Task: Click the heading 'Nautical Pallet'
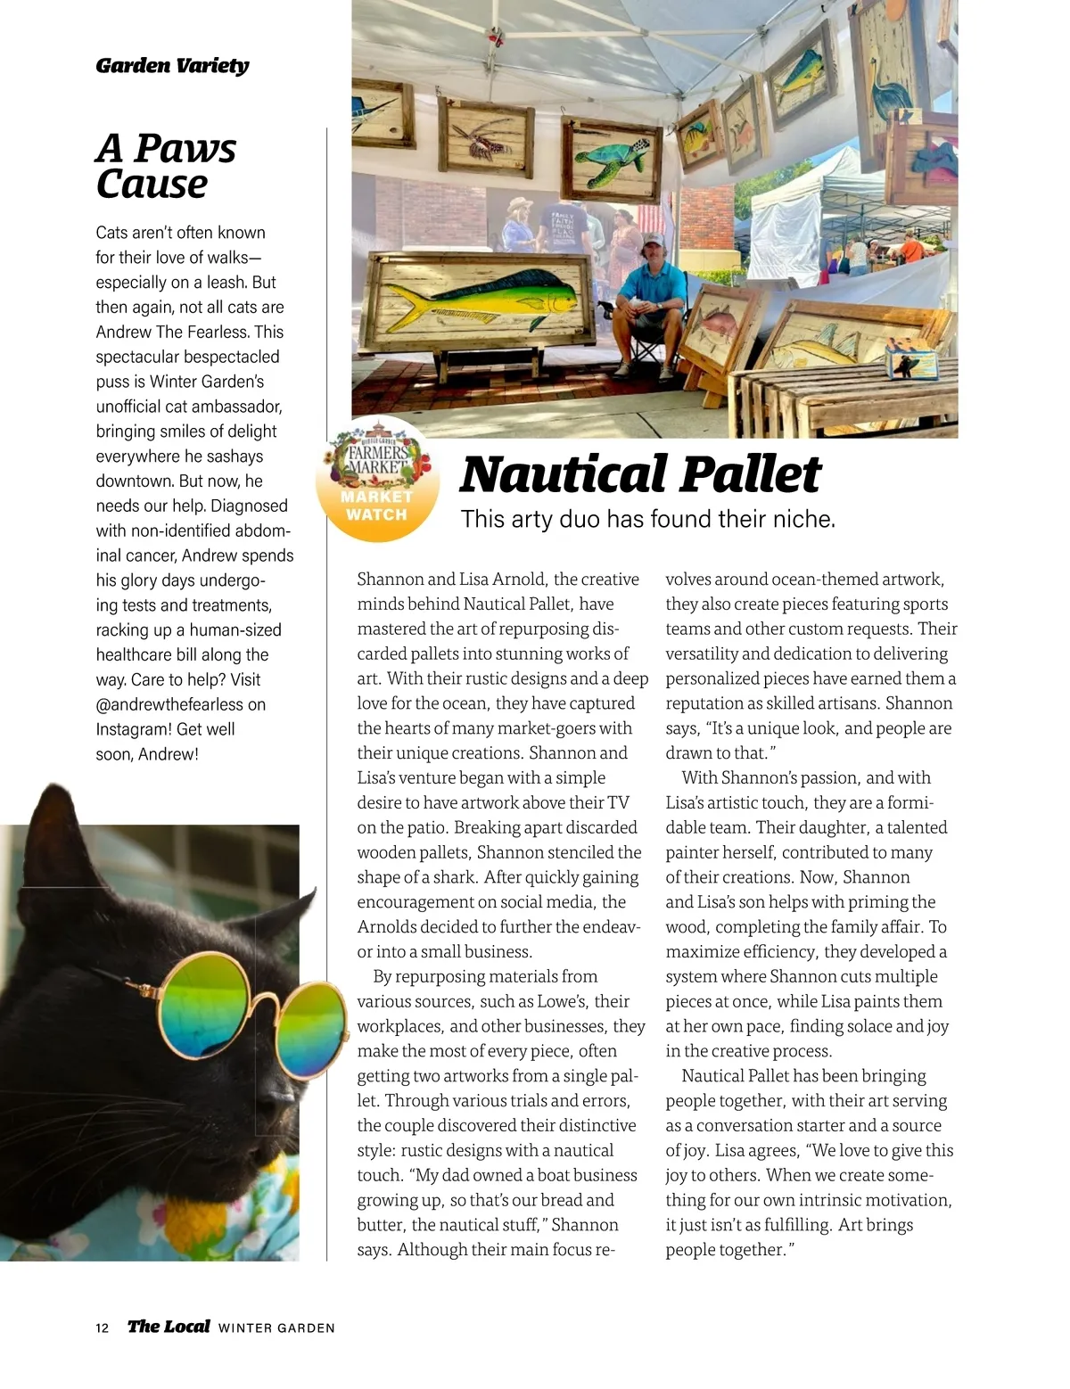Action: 639,474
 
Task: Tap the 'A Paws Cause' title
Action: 166,166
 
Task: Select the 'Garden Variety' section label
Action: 172,65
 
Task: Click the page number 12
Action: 102,1327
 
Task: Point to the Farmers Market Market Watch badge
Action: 377,480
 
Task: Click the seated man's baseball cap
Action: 654,241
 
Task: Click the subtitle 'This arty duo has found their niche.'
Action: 647,519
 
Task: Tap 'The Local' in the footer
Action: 169,1326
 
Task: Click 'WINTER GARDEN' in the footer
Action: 276,1327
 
